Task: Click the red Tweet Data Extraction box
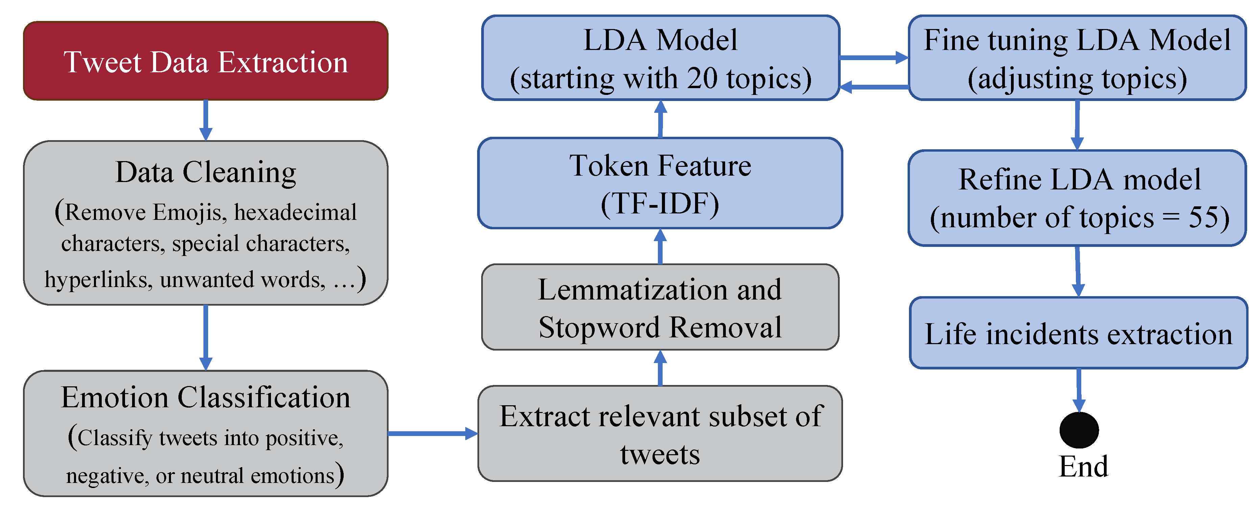coord(205,61)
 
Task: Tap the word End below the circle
coord(1083,467)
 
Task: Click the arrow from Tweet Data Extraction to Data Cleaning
coord(206,120)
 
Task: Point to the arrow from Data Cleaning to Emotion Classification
coord(206,337)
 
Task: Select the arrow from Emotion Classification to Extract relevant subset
coord(432,433)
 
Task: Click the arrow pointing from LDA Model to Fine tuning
coord(873,58)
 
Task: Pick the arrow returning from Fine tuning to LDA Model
coord(873,87)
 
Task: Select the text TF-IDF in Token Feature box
coord(660,204)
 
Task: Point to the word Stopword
coord(599,327)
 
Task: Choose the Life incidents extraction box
coord(1078,333)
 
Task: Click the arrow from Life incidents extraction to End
coord(1079,390)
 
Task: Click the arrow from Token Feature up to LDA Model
coord(660,119)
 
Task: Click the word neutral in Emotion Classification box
coord(212,476)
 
